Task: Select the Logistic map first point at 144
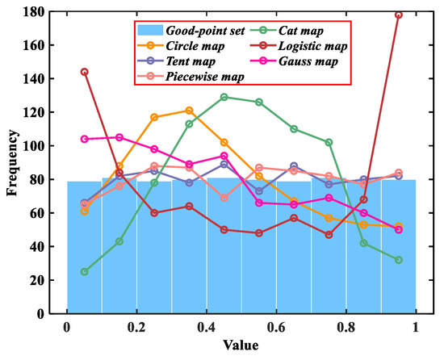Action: click(85, 72)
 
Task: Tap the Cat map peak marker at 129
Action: click(224, 97)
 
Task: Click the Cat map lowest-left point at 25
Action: click(85, 271)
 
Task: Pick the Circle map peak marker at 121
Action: click(189, 111)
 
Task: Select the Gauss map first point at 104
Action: click(85, 139)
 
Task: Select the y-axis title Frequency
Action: click(14, 161)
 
